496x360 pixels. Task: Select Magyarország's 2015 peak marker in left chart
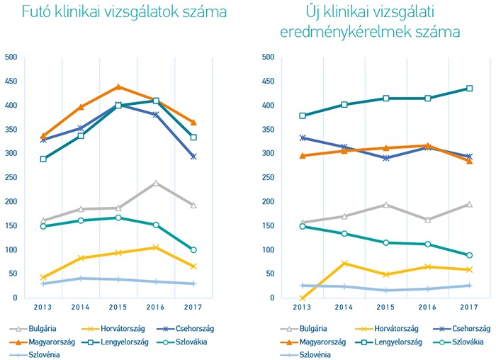point(118,87)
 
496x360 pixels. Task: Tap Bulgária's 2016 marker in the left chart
point(156,183)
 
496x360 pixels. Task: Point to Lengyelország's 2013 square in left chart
point(43,159)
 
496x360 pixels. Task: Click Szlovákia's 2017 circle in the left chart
point(193,249)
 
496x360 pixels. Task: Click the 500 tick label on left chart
point(11,57)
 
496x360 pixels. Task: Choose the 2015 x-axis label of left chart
point(118,308)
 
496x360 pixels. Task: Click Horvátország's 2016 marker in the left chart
point(156,247)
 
